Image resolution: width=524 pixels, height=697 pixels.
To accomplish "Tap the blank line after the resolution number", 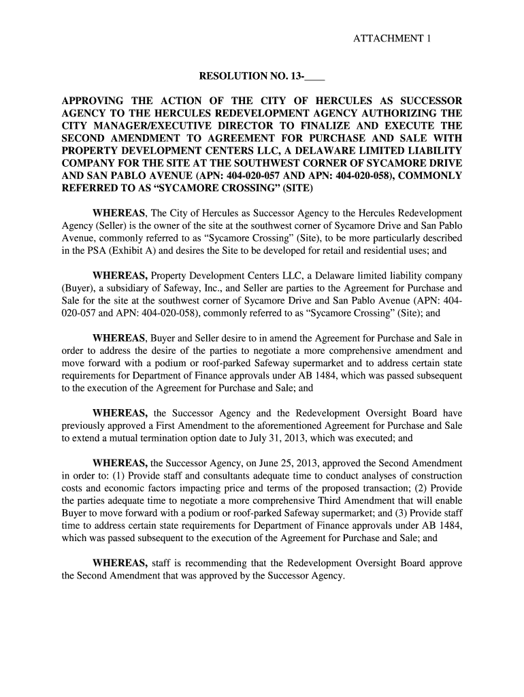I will (317, 76).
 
